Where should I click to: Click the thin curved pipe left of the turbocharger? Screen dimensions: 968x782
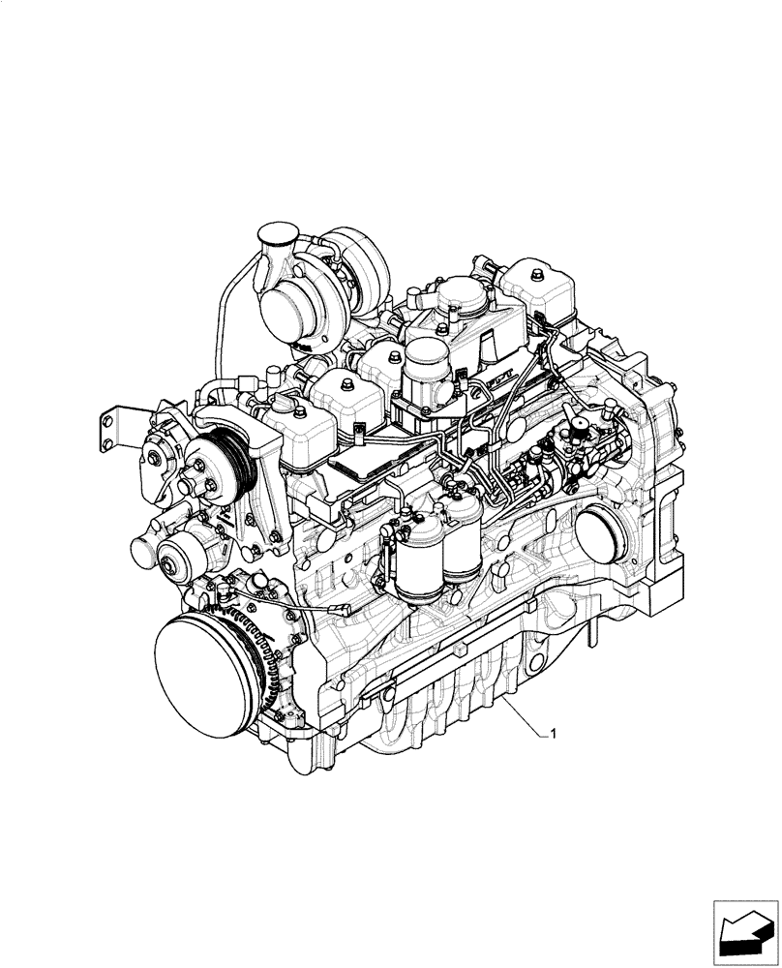(220, 319)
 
